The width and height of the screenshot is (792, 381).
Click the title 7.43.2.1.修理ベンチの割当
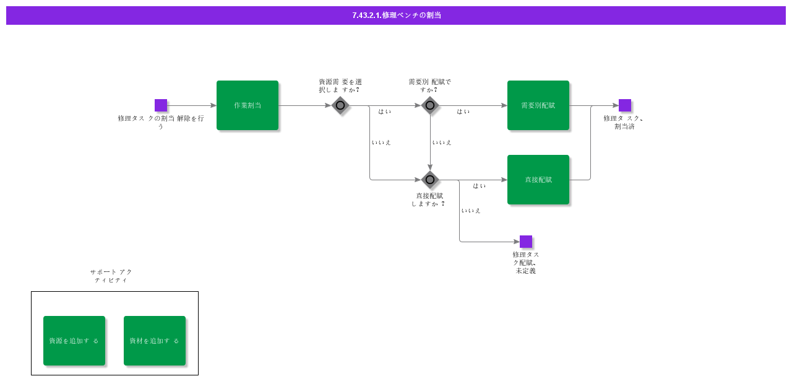point(397,15)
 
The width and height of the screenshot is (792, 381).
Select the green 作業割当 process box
point(247,105)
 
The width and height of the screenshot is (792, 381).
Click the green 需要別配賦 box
point(538,105)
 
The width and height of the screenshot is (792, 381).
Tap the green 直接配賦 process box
point(538,180)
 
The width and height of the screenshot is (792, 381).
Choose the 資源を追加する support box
point(74,341)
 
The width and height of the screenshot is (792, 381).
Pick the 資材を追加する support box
point(155,341)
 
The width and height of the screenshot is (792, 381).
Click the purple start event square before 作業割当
point(161,105)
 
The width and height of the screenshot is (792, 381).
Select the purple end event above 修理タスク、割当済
point(625,105)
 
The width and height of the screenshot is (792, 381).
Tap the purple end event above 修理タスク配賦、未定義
point(526,242)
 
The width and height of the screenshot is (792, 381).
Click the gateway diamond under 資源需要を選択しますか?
point(340,105)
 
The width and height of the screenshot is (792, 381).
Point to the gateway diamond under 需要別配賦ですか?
point(430,105)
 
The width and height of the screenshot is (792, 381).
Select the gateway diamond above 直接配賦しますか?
point(430,180)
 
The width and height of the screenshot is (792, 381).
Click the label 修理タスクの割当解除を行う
point(161,122)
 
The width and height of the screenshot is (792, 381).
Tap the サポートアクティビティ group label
point(111,276)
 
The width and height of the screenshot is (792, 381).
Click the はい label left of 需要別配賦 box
point(463,112)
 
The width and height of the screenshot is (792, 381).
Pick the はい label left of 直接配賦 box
point(480,186)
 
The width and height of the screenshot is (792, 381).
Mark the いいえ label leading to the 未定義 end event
point(471,211)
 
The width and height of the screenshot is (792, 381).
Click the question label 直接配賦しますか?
point(429,199)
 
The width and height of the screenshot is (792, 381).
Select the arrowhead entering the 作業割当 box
point(213,105)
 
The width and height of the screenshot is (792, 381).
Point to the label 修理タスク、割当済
point(624,122)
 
